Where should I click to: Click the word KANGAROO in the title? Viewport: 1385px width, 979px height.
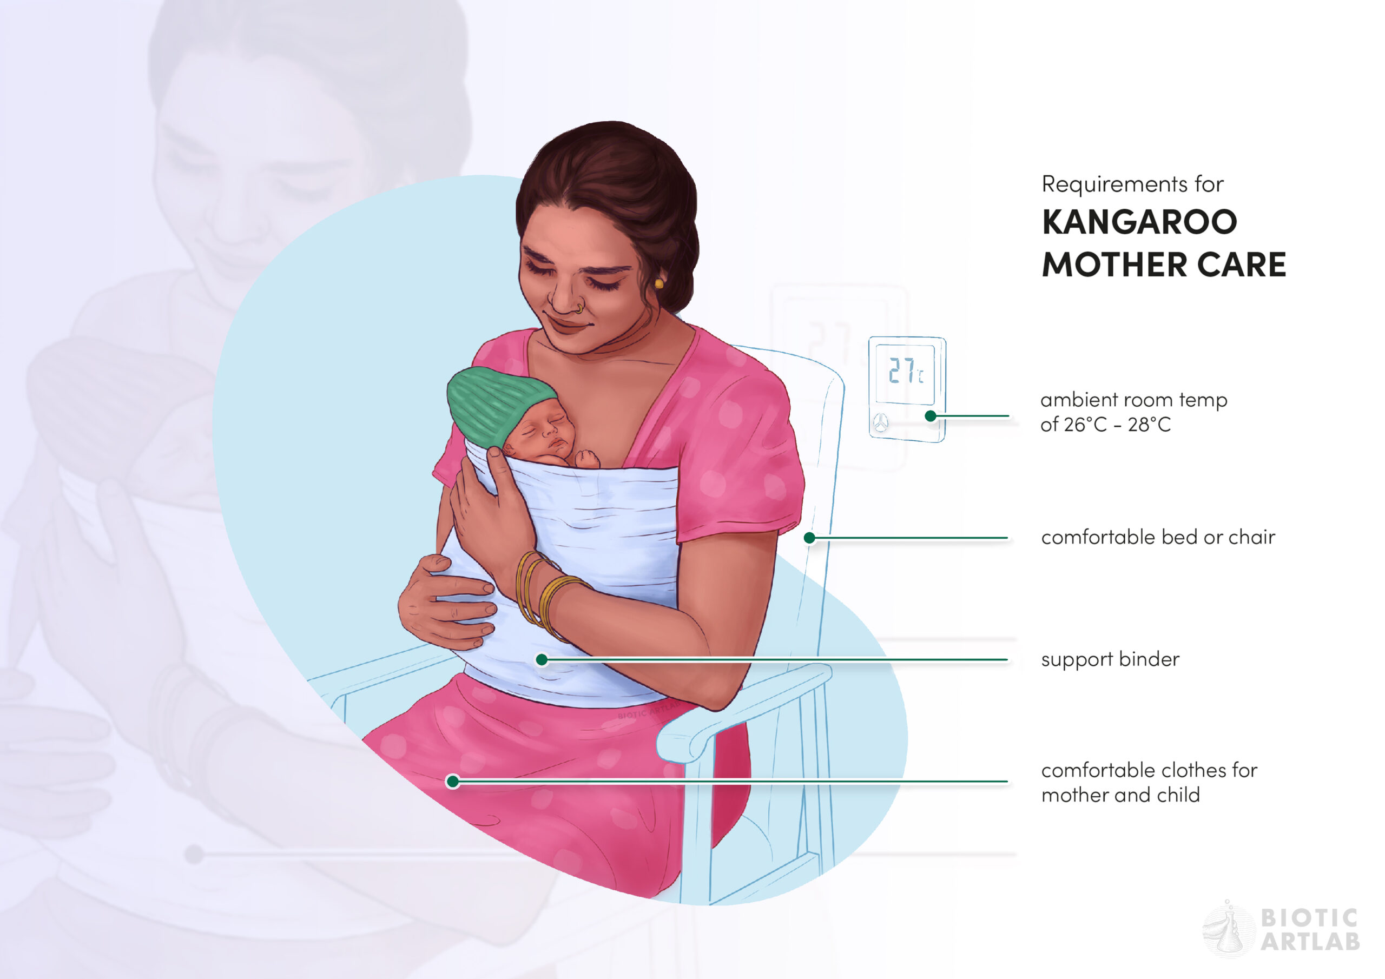(x=1139, y=221)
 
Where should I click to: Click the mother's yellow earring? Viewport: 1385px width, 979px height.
(x=659, y=283)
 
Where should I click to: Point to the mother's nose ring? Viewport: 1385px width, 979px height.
(x=579, y=308)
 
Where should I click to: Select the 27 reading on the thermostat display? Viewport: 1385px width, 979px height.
(x=901, y=370)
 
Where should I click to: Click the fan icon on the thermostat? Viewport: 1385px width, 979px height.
(x=881, y=423)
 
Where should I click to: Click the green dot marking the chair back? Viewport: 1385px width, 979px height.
(x=809, y=538)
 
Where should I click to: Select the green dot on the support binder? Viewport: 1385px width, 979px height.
(x=542, y=659)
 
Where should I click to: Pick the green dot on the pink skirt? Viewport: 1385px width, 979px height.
(x=452, y=781)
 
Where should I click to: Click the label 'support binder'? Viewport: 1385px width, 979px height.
(x=1110, y=659)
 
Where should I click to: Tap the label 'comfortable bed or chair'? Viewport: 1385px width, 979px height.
(x=1158, y=537)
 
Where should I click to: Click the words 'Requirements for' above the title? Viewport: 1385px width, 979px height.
(x=1132, y=184)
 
